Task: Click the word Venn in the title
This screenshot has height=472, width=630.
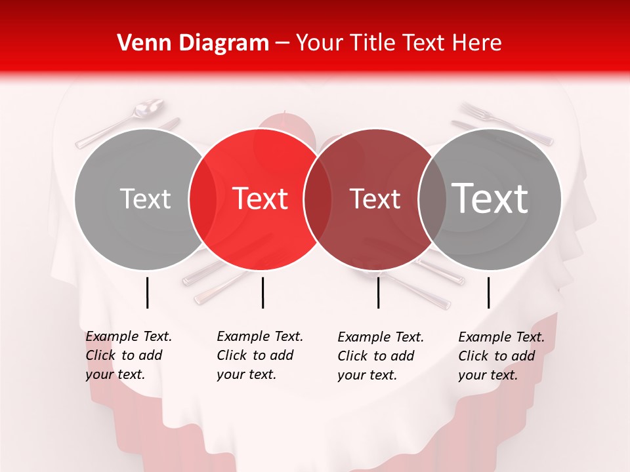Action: click(138, 43)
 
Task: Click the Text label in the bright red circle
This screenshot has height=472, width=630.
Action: click(261, 199)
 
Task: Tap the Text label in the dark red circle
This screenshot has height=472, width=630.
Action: click(375, 199)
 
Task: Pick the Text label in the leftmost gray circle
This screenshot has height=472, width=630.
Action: click(146, 199)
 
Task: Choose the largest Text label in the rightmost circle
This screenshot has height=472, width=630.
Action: click(490, 198)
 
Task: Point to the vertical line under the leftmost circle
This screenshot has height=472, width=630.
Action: click(147, 292)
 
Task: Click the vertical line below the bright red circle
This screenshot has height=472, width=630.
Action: click(262, 292)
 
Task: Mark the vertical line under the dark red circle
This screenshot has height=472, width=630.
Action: click(379, 292)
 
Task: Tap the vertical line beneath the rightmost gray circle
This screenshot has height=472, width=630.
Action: click(488, 292)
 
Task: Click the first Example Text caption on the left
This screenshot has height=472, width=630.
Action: click(129, 355)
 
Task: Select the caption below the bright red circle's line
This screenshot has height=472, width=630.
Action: click(260, 355)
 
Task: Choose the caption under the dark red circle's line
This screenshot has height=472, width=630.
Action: click(381, 356)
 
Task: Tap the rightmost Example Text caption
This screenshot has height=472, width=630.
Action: click(501, 356)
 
